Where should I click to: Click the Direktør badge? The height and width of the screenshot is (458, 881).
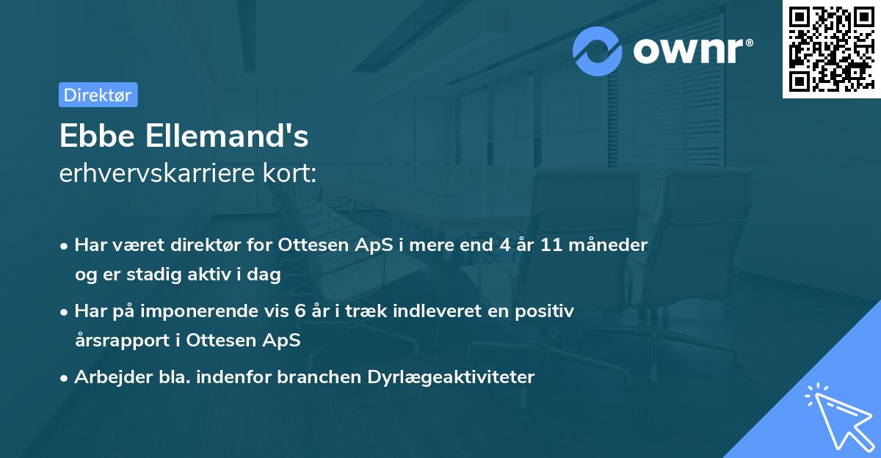[x=98, y=95]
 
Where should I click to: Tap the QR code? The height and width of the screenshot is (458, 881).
[x=831, y=48]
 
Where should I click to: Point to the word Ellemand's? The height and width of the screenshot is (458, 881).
[x=226, y=137]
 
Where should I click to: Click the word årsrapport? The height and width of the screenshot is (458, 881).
[x=126, y=341]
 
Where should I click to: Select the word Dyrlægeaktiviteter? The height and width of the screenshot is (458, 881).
[x=460, y=377]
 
